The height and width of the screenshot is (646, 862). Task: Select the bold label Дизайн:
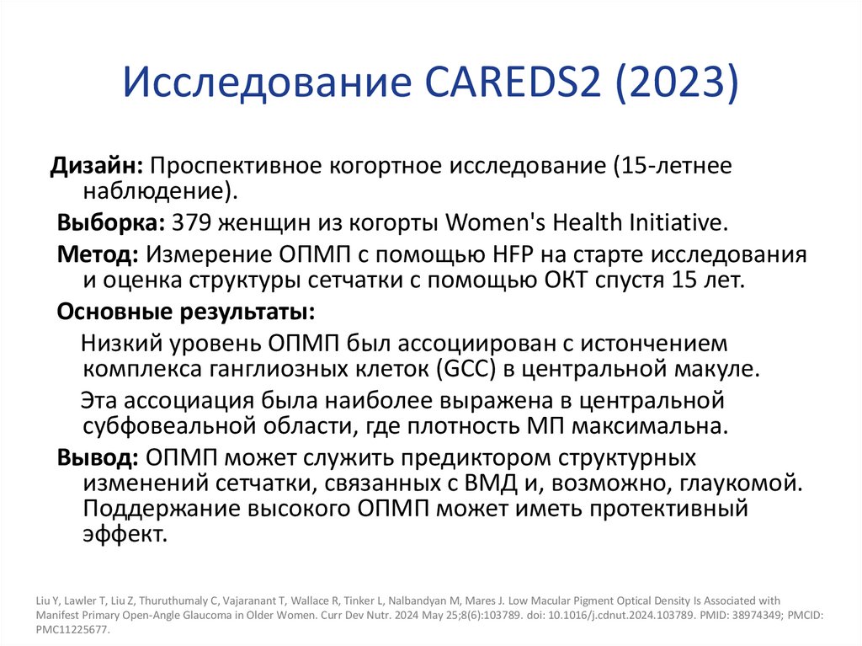pos(97,166)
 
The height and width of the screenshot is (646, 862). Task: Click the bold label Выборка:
pos(110,222)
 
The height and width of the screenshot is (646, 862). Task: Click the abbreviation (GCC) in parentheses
pos(463,368)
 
